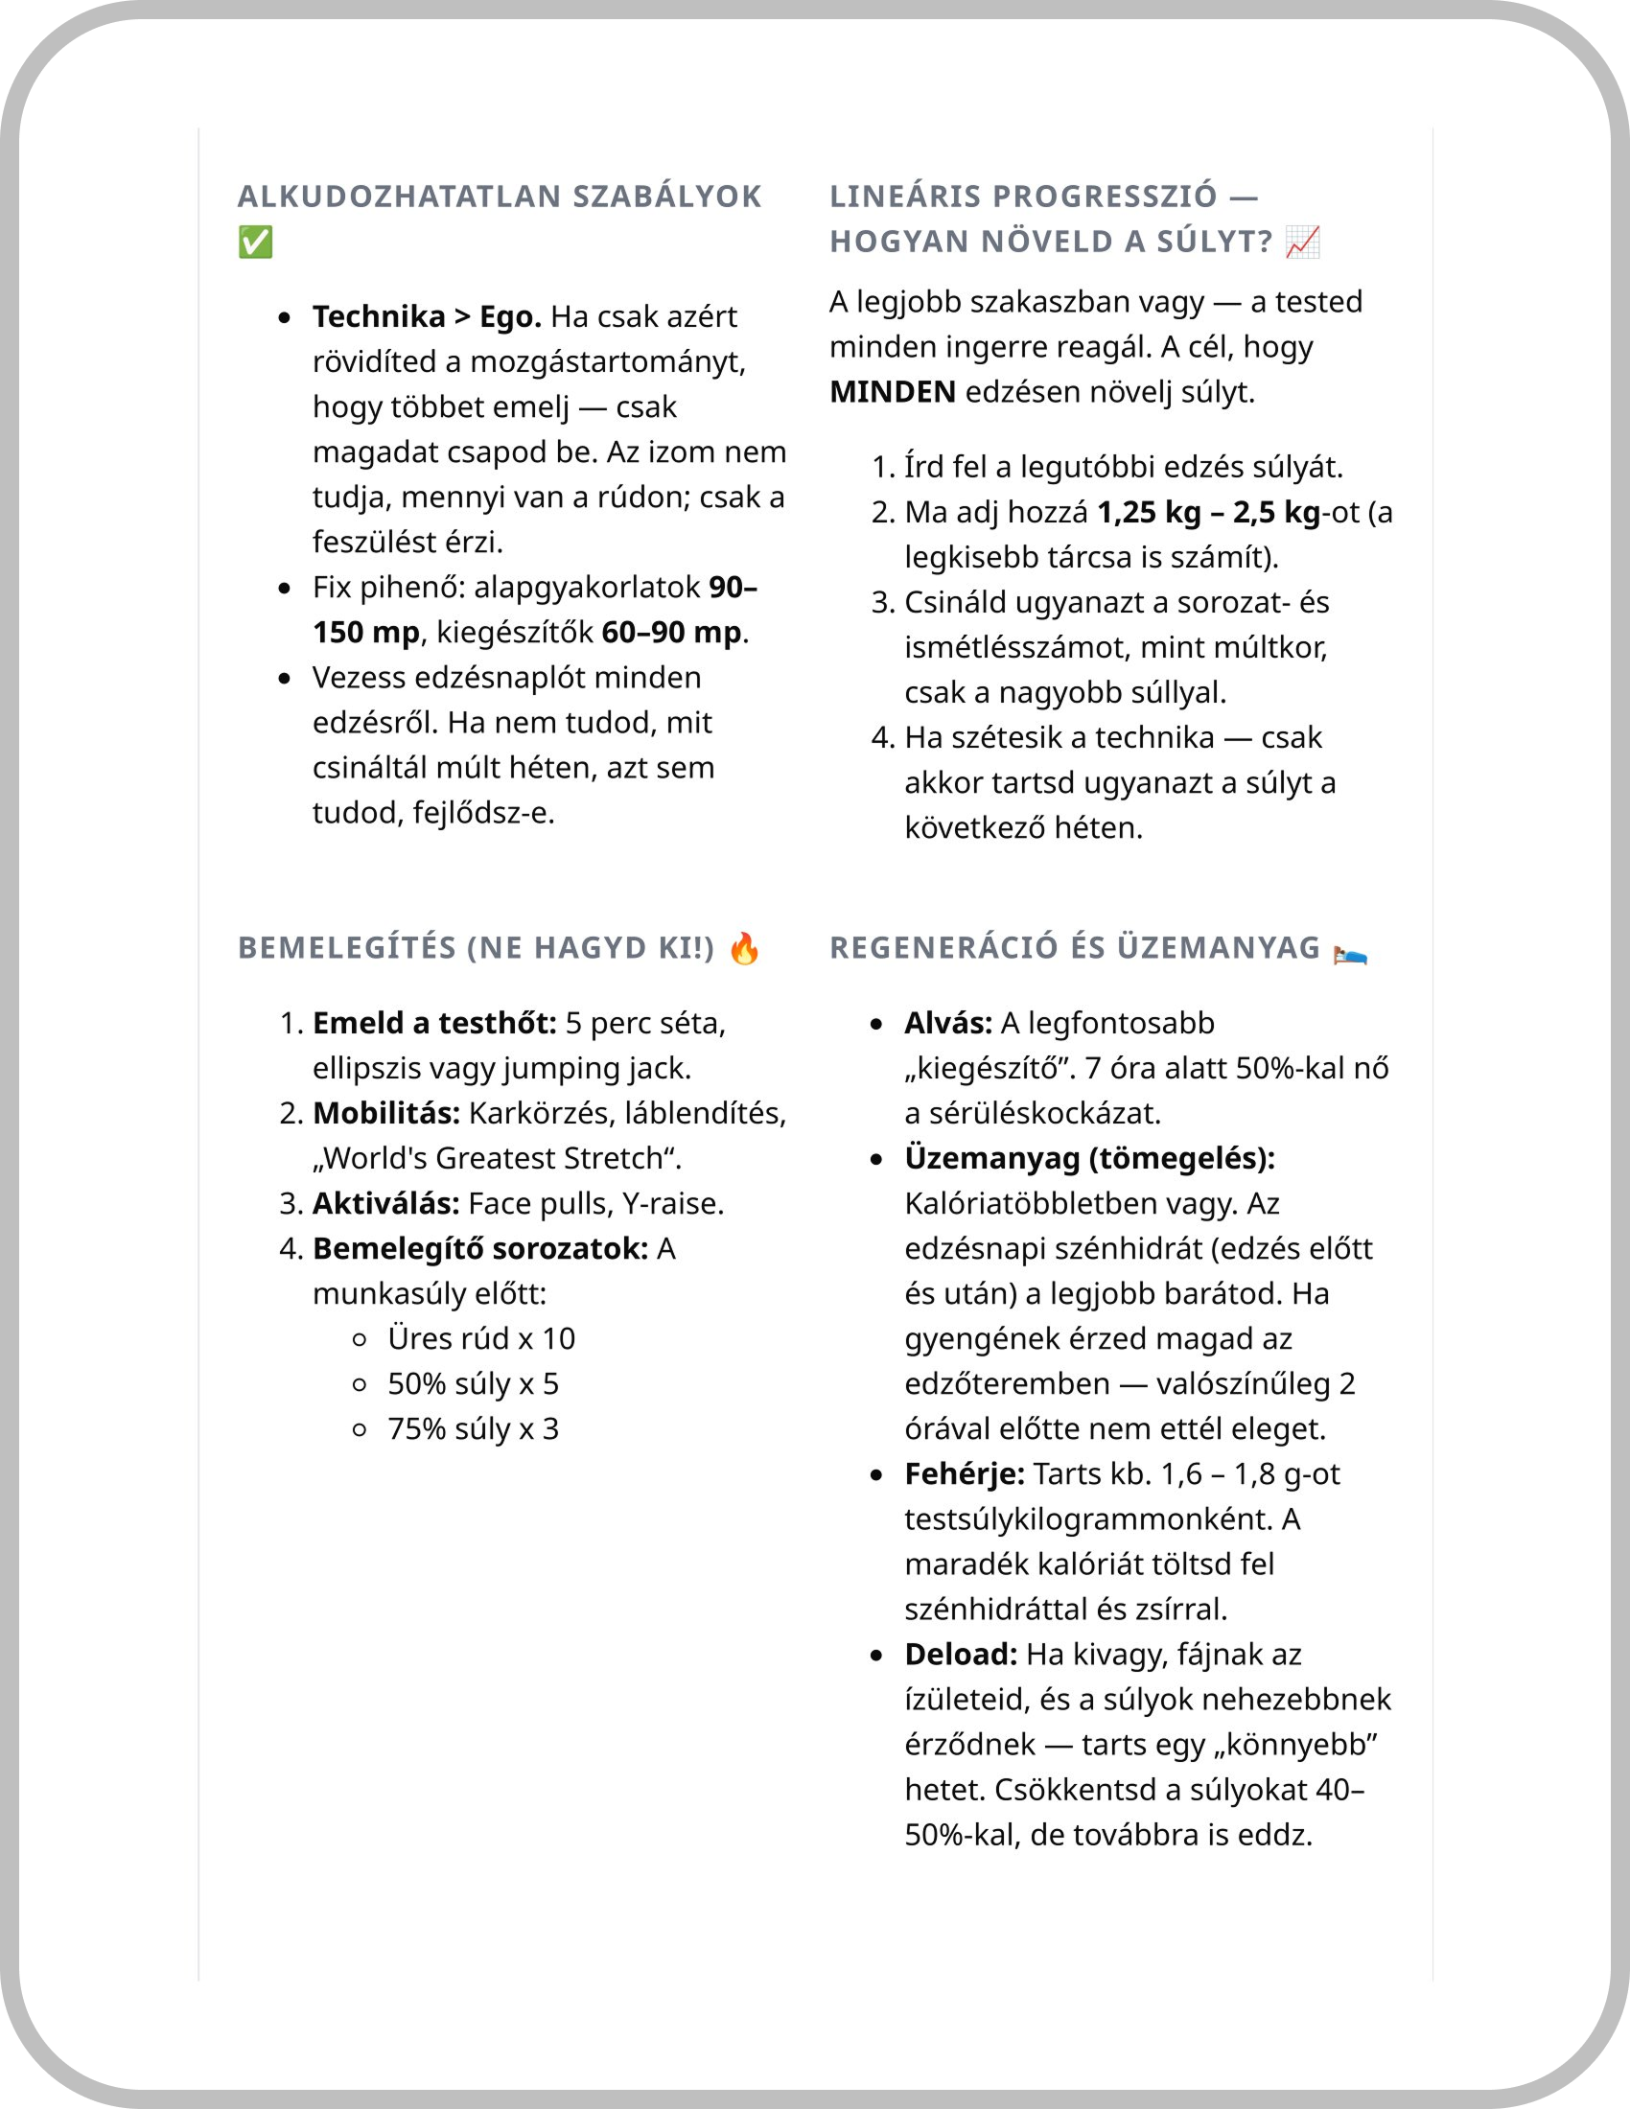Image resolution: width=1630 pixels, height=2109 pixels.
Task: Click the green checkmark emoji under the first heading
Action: [x=256, y=243]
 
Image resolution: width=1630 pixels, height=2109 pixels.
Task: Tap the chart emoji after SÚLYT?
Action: [x=1303, y=243]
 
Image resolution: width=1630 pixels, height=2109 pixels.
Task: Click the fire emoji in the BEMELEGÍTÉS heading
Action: [x=744, y=949]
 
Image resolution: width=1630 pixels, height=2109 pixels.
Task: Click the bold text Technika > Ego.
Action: [x=426, y=316]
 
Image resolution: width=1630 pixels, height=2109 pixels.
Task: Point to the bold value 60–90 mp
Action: [x=671, y=633]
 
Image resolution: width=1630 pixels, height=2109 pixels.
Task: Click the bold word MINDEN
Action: [x=893, y=392]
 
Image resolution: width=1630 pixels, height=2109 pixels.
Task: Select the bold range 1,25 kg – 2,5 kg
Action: [x=1209, y=512]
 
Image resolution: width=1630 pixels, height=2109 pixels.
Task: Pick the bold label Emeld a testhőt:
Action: [x=434, y=1023]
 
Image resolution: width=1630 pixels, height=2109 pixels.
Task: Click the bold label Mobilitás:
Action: [x=386, y=1113]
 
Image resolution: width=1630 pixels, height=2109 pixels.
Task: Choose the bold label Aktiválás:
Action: [x=386, y=1204]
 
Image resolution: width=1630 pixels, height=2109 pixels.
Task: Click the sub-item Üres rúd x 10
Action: [x=481, y=1339]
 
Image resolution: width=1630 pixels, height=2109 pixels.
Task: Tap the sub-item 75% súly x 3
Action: [x=473, y=1429]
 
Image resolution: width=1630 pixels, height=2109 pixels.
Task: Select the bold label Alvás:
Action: [x=948, y=1023]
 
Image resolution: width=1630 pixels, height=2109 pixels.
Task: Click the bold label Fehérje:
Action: [x=965, y=1474]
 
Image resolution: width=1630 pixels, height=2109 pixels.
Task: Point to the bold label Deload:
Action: [x=961, y=1656]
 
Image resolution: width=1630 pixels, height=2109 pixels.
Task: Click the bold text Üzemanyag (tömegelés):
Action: [x=1089, y=1158]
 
